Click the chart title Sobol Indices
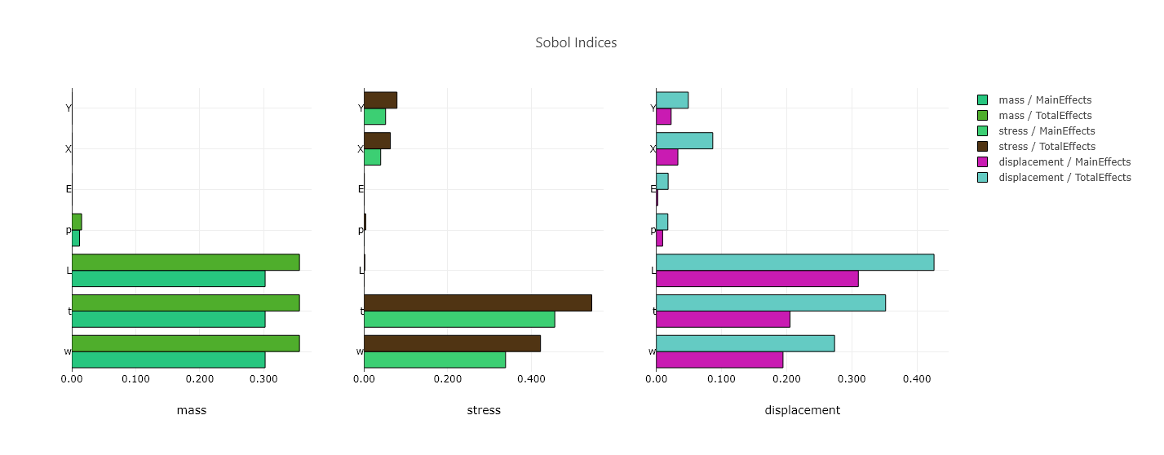click(576, 42)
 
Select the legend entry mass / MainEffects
click(1044, 100)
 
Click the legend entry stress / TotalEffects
click(1047, 147)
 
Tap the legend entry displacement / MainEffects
click(1064, 162)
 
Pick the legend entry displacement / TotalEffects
click(1064, 178)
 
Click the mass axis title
click(192, 410)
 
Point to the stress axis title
click(484, 410)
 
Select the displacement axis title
click(802, 410)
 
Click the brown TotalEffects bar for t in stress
click(477, 303)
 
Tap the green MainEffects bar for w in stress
click(435, 360)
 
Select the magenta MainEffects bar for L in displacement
click(757, 279)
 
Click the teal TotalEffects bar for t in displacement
click(770, 303)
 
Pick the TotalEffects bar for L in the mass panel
click(185, 263)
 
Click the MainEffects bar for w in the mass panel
click(168, 360)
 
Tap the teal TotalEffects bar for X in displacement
click(684, 140)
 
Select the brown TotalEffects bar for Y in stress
click(380, 100)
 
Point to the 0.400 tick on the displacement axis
click(917, 379)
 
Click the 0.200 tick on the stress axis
click(448, 379)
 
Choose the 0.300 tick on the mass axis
click(263, 379)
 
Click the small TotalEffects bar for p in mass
click(77, 222)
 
